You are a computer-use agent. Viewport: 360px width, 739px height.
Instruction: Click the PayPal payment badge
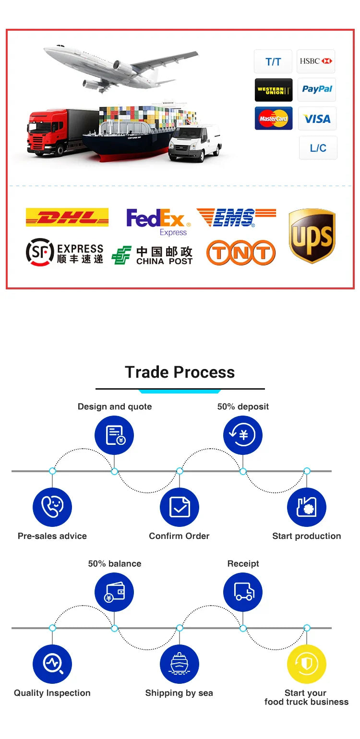317,89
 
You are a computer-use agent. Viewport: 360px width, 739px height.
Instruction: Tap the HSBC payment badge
316,61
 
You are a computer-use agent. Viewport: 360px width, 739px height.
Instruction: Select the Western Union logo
274,90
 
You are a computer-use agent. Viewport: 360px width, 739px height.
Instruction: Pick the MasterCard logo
274,119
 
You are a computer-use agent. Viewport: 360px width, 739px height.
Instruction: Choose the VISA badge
317,119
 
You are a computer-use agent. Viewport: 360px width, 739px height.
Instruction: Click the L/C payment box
318,148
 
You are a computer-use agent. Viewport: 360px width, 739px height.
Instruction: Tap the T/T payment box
273,61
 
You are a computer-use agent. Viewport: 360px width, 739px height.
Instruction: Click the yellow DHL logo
67,217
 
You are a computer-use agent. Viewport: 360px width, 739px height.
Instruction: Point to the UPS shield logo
312,236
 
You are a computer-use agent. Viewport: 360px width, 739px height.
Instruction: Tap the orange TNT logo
241,253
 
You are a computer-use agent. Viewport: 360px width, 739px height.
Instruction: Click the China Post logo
152,255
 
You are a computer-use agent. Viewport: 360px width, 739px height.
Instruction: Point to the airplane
120,67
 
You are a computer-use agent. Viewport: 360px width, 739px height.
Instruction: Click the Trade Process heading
180,372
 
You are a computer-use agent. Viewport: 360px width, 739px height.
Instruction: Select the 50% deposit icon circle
243,435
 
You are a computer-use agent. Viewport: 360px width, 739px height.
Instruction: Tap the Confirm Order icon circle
179,507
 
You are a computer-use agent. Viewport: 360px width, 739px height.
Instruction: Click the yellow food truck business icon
307,664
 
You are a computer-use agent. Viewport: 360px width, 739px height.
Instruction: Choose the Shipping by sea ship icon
179,664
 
